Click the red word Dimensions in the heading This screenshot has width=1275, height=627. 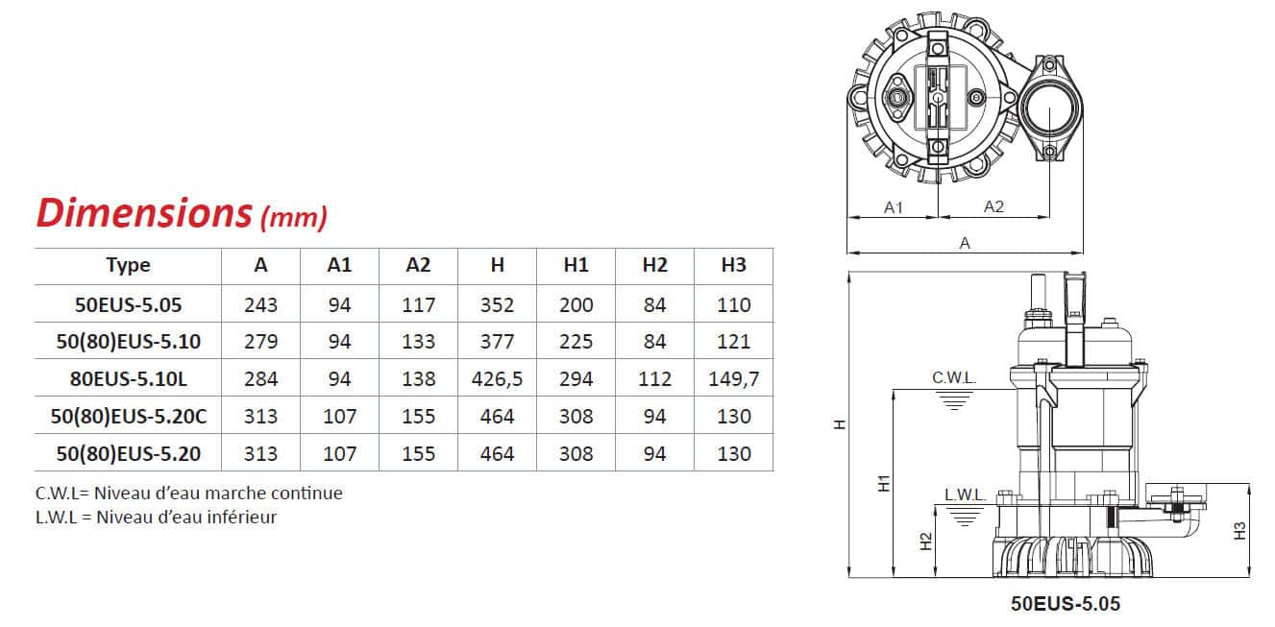144,213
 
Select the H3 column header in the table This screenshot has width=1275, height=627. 733,265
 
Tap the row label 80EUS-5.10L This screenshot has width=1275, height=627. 128,378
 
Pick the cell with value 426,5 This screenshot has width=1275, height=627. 497,378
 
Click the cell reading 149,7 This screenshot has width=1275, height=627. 734,378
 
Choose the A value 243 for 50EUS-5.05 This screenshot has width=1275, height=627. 260,305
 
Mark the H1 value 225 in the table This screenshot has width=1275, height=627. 576,342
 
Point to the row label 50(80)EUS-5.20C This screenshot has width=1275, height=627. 129,417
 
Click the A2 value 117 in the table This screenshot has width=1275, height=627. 418,305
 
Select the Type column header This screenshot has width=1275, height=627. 128,265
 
